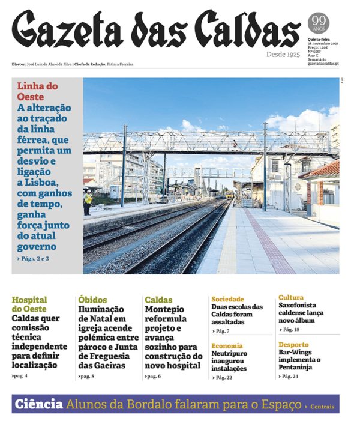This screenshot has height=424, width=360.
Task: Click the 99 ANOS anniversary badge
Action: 319,24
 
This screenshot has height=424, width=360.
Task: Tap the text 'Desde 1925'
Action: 283,55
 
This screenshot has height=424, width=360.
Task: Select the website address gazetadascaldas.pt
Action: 323,64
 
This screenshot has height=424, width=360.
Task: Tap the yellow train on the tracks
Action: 229,195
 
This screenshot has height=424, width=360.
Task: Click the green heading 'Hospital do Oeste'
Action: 29,304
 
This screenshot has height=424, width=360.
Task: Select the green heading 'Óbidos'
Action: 92,300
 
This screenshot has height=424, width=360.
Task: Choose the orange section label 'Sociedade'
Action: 227,299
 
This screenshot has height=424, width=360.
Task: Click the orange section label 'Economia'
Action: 227,346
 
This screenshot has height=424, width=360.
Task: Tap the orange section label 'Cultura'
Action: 291,298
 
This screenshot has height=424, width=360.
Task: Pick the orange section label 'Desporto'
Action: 293,345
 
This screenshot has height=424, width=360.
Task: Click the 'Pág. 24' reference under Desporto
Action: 291,376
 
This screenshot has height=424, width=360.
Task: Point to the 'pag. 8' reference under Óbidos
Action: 87,376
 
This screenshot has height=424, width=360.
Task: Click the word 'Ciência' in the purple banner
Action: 38,404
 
